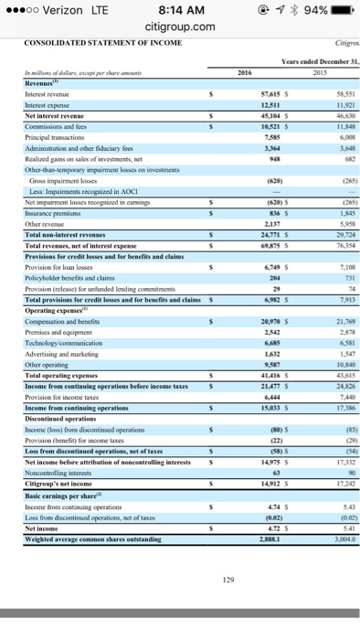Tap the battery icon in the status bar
341,10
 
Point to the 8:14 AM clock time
180,10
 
